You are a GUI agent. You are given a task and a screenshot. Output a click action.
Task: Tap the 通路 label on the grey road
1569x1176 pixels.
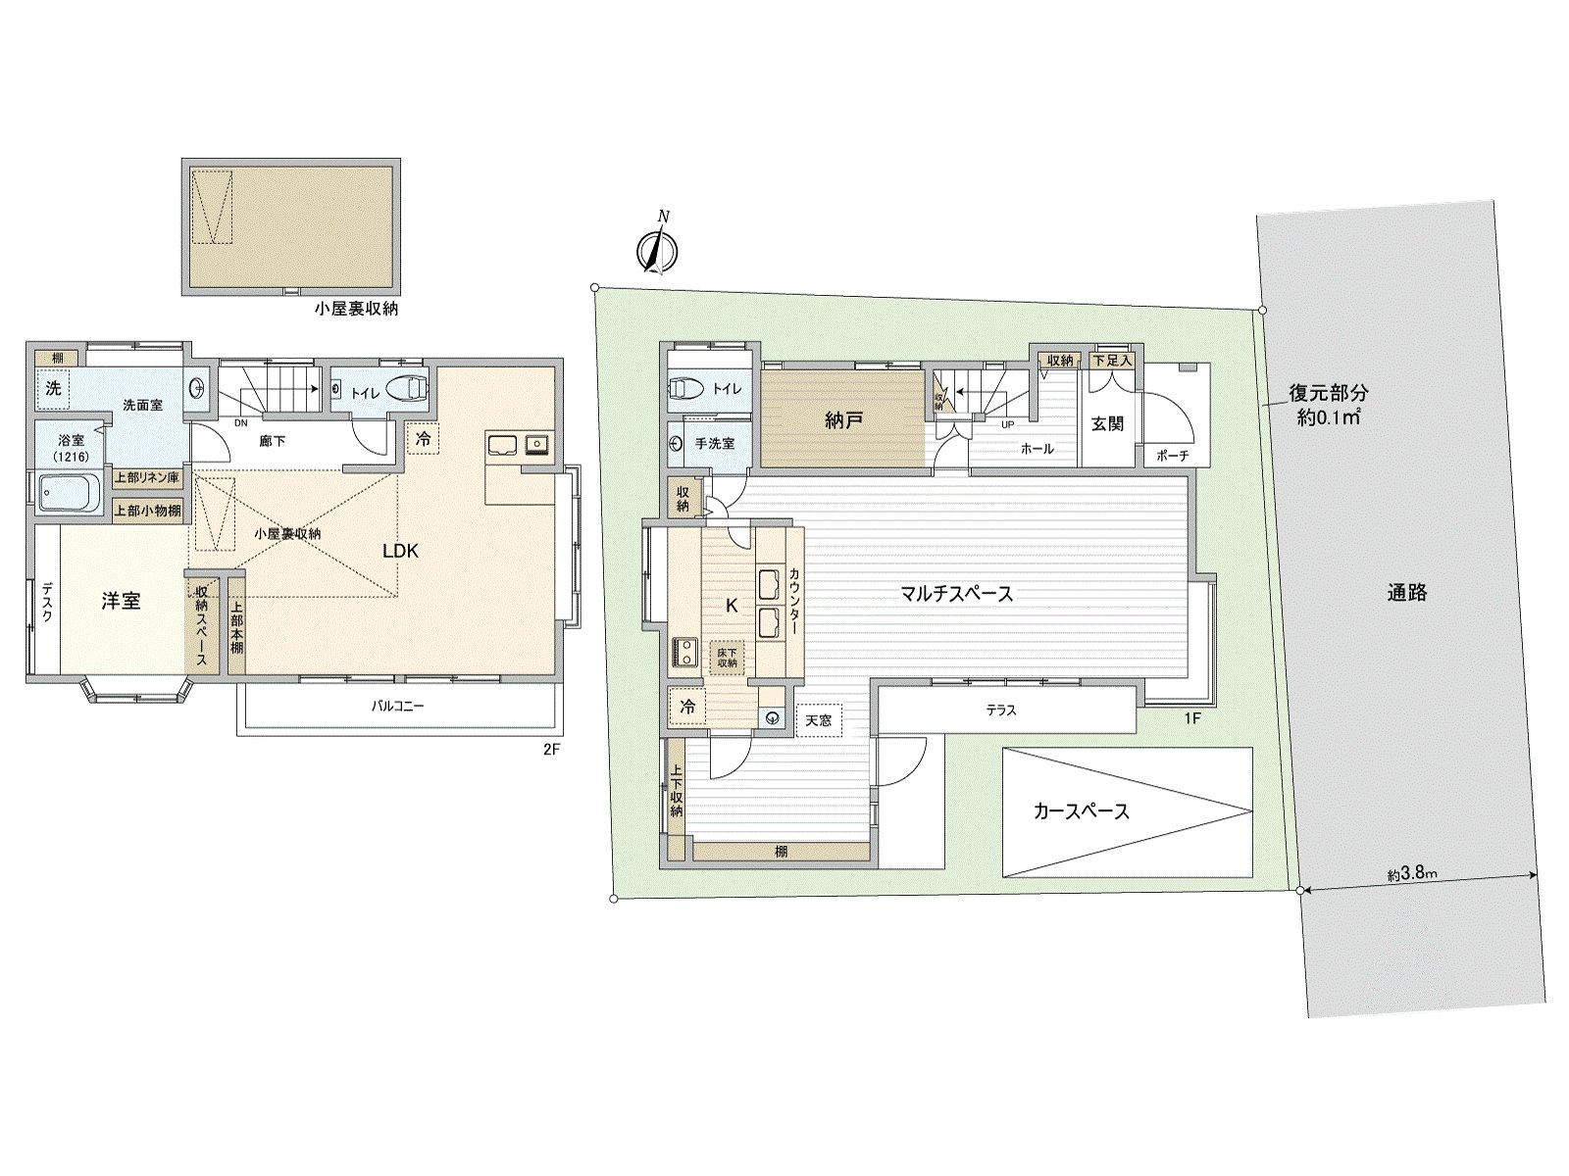1406,592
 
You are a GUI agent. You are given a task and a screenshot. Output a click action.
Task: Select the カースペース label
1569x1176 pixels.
1081,811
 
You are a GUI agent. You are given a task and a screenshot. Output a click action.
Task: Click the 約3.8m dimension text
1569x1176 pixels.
1412,875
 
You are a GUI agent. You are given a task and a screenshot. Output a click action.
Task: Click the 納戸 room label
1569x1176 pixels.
843,420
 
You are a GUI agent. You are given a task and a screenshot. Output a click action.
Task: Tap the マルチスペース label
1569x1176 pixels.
956,593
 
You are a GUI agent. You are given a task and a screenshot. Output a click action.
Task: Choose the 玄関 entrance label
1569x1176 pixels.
1107,423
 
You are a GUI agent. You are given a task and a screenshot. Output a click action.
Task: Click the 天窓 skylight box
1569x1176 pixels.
818,721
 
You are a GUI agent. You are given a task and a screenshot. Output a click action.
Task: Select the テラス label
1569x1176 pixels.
1001,710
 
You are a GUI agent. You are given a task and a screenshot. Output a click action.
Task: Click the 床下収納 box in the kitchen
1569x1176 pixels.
728,657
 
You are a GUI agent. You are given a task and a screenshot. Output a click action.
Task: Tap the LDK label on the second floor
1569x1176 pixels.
400,552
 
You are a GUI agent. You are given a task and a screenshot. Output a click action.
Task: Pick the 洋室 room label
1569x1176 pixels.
121,601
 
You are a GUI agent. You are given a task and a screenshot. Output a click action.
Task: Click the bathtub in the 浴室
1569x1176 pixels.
69,493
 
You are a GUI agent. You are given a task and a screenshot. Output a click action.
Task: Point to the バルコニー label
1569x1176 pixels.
397,706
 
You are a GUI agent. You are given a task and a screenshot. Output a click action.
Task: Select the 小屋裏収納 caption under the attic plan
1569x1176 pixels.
356,309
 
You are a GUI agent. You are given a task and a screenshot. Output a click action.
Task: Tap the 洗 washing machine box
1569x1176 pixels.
54,388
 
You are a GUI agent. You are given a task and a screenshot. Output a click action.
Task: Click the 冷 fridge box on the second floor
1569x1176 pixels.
424,439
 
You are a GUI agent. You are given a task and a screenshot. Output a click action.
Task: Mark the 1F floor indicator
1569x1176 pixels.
1191,718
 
